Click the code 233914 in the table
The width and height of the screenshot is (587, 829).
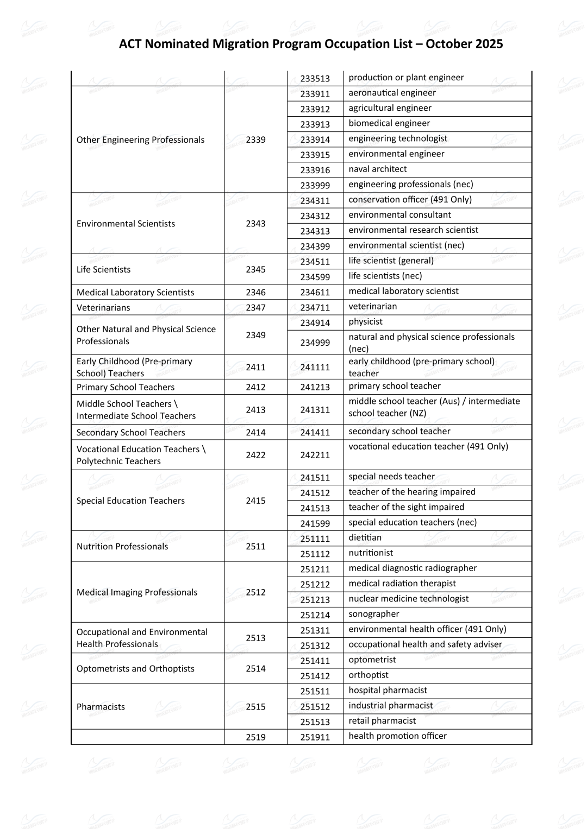pos(315,140)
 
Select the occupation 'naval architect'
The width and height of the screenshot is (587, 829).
pos(377,169)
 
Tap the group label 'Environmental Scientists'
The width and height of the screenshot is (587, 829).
pos(126,224)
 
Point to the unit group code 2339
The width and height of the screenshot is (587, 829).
pos(255,140)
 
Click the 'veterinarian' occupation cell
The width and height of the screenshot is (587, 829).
pos(372,306)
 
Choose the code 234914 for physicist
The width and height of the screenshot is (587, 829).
pos(315,322)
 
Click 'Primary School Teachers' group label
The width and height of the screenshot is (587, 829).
pos(126,387)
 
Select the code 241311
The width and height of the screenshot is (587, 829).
pos(315,410)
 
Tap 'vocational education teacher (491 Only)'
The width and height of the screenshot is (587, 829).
pos(428,446)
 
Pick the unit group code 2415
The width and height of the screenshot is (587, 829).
pos(255,501)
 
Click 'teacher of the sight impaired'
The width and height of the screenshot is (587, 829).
pos(406,507)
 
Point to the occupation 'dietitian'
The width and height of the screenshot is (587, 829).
pos(365,537)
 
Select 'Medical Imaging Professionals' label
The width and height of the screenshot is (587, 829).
pos(137,592)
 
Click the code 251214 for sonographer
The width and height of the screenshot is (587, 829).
pos(315,615)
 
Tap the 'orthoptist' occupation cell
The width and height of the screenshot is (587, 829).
pos(369,675)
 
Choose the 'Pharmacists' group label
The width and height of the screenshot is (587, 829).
pos(101,707)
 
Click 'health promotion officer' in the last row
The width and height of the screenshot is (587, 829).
pos(397,736)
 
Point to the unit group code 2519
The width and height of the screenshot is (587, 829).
pos(255,737)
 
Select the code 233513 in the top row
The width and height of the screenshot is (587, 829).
pos(315,79)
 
